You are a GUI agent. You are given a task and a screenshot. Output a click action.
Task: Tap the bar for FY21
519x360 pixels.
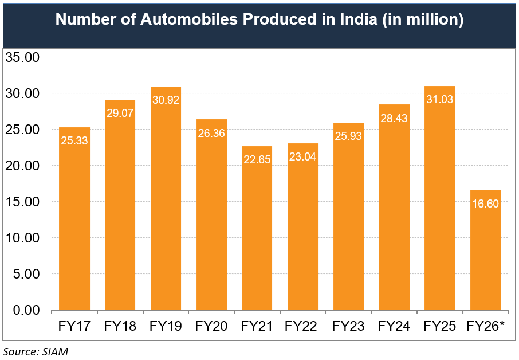click(x=257, y=235)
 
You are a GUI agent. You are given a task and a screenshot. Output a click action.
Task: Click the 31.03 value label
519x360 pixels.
click(x=440, y=99)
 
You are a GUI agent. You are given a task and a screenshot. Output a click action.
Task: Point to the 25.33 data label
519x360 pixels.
click(x=74, y=140)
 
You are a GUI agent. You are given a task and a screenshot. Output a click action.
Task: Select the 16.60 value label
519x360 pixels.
click(x=485, y=203)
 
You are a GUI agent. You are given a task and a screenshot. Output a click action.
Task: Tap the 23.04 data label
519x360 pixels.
click(x=302, y=156)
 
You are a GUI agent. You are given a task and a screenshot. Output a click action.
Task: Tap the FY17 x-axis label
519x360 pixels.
click(x=74, y=327)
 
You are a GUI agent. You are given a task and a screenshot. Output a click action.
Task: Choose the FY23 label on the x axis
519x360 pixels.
click(x=348, y=327)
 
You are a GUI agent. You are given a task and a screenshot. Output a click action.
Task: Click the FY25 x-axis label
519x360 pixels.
click(x=440, y=327)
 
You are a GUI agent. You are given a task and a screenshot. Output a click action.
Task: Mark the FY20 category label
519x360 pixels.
click(x=211, y=327)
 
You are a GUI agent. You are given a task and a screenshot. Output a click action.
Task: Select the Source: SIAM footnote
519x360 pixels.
click(x=36, y=351)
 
